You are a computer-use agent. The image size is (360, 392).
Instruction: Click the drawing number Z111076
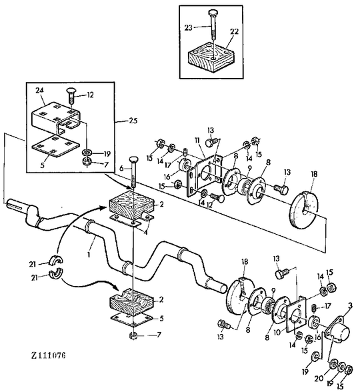click(48, 355)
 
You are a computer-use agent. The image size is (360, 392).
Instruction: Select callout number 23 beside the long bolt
click(188, 27)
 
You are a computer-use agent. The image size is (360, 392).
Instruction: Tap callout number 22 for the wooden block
click(234, 31)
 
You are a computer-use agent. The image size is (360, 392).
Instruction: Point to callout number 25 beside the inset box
click(133, 121)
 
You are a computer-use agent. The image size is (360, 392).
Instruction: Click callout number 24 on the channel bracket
click(39, 90)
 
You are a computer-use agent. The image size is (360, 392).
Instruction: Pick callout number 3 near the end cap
click(350, 305)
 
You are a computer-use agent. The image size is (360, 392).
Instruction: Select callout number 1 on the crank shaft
click(88, 254)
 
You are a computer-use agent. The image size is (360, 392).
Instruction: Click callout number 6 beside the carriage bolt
click(121, 168)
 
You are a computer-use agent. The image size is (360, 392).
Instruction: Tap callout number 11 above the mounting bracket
click(198, 140)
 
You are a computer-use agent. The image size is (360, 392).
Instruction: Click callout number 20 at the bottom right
click(319, 379)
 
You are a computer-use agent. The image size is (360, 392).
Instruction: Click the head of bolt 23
click(212, 12)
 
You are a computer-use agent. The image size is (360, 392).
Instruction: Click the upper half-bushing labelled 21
click(56, 260)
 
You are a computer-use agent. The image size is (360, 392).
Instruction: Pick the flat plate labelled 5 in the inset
click(56, 146)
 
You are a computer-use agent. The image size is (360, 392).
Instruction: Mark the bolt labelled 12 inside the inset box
click(71, 96)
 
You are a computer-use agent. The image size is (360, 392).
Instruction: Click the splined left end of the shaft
click(17, 204)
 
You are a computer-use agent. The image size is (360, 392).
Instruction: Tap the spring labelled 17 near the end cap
click(315, 307)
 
